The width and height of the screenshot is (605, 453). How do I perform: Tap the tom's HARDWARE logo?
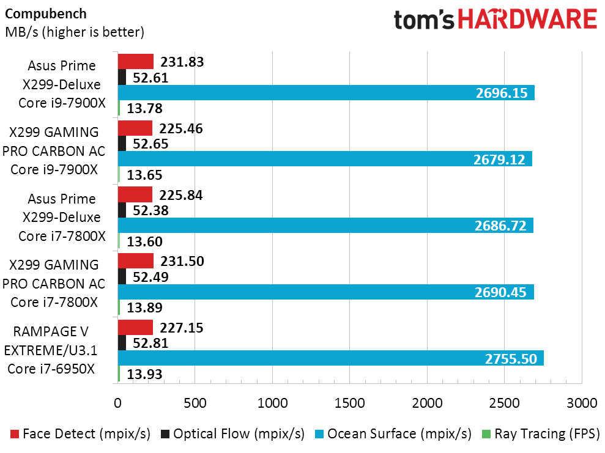click(495, 20)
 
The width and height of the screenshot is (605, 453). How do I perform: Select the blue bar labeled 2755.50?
click(330, 359)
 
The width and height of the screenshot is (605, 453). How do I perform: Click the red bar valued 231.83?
click(135, 61)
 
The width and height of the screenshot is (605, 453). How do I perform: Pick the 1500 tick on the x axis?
click(349, 403)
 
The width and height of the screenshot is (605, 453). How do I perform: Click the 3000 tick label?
click(581, 403)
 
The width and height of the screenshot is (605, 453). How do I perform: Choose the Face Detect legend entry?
click(80, 434)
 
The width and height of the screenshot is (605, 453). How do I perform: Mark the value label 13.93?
click(145, 374)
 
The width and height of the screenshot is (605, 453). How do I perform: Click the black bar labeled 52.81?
click(122, 343)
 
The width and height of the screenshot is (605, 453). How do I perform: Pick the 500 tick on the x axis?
click(195, 403)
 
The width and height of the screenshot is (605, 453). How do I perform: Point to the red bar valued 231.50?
click(135, 261)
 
